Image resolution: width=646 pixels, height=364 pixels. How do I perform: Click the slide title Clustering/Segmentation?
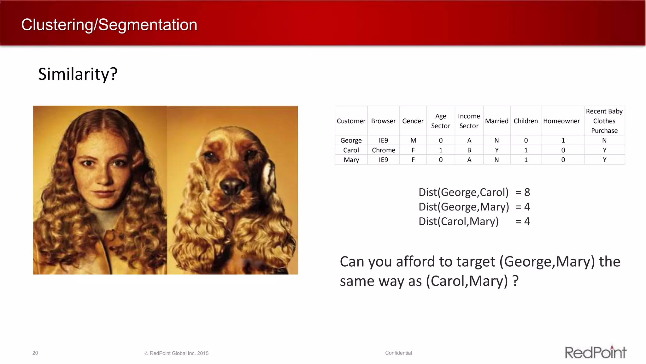109,25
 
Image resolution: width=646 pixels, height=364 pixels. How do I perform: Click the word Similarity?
78,74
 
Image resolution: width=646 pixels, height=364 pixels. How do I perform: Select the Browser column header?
383,121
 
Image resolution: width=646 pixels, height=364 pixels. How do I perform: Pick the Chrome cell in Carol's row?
383,150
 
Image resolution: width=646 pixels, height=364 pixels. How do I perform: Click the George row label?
351,140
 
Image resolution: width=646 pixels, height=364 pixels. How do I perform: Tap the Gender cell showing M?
413,140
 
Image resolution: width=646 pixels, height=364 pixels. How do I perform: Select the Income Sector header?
469,121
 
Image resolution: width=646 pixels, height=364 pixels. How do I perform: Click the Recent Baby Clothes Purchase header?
604,121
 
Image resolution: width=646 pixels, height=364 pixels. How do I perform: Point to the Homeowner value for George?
563,140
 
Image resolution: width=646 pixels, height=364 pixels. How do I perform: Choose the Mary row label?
351,160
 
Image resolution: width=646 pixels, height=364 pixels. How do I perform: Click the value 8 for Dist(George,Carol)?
527,192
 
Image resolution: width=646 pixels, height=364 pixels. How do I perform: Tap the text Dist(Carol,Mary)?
458,221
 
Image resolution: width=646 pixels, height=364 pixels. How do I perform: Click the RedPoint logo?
595,352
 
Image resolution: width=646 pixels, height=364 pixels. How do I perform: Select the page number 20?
35,353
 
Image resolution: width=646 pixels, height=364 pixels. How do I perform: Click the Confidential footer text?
398,353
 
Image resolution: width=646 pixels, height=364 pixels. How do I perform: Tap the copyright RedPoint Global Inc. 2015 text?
177,353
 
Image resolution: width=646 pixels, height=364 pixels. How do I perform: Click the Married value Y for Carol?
496,150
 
